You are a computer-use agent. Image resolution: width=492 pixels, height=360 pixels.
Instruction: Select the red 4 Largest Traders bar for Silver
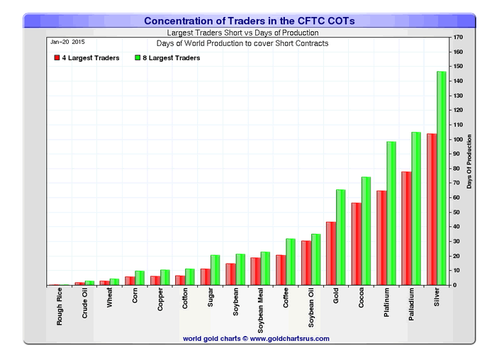[x=431, y=209]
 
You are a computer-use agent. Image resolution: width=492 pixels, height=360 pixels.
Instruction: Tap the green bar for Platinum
[x=391, y=213]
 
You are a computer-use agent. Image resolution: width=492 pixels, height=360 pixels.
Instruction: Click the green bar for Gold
[x=340, y=237]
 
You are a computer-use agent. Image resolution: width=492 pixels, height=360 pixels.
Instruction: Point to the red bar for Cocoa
[x=356, y=244]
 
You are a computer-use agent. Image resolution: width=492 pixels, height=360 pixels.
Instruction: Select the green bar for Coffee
[x=290, y=261]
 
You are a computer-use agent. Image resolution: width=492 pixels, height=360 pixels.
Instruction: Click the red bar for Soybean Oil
[x=306, y=263]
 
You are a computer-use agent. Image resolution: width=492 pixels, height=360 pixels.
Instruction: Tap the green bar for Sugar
[x=215, y=270]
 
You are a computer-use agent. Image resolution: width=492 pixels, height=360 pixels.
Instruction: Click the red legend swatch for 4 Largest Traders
[x=56, y=58]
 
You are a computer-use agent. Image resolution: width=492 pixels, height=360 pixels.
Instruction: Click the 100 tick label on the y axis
[x=459, y=139]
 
